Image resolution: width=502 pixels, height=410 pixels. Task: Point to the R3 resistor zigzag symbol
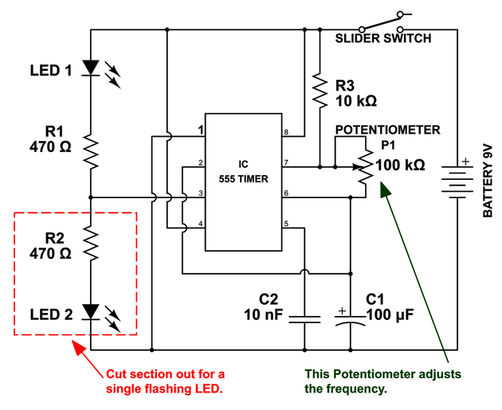(319, 92)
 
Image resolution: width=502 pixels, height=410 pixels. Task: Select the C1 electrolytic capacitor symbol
(351, 320)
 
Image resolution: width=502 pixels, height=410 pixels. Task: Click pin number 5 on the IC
(284, 224)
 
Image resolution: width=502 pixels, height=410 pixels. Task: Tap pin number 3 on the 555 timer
(201, 193)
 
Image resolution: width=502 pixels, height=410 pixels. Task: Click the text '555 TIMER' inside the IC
(244, 179)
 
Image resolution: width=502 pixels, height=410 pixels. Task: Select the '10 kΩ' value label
(356, 101)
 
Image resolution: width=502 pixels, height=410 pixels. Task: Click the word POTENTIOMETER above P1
(387, 130)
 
